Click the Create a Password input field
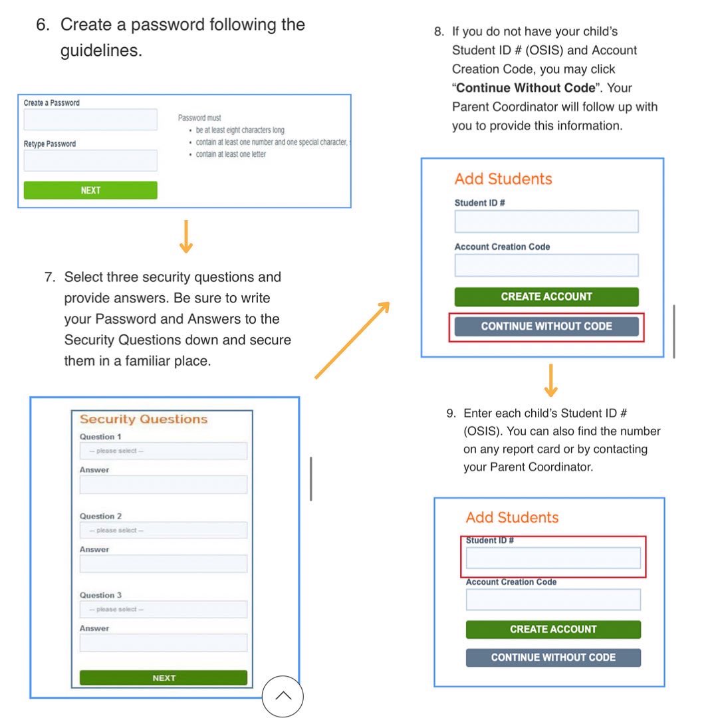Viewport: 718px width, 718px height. [90, 120]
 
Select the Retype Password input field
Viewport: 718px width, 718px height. [90, 160]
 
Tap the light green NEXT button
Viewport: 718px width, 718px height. [90, 190]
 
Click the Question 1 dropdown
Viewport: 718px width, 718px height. [164, 451]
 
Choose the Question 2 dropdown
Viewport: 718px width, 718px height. [164, 531]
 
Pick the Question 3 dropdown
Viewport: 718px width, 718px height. [164, 610]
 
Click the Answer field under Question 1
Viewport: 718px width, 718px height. [164, 485]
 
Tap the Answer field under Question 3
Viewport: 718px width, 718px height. [164, 643]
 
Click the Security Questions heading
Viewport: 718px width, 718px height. [144, 419]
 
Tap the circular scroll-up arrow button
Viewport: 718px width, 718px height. [283, 696]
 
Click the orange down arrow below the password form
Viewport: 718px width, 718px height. [186, 237]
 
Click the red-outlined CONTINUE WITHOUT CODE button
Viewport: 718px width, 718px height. [546, 326]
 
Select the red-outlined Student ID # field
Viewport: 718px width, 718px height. [553, 558]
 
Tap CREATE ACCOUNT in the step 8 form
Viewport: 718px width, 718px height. [546, 297]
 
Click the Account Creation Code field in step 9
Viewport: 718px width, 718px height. [553, 600]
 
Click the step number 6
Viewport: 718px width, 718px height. [43, 25]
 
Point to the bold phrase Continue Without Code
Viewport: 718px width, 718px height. [525, 88]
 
